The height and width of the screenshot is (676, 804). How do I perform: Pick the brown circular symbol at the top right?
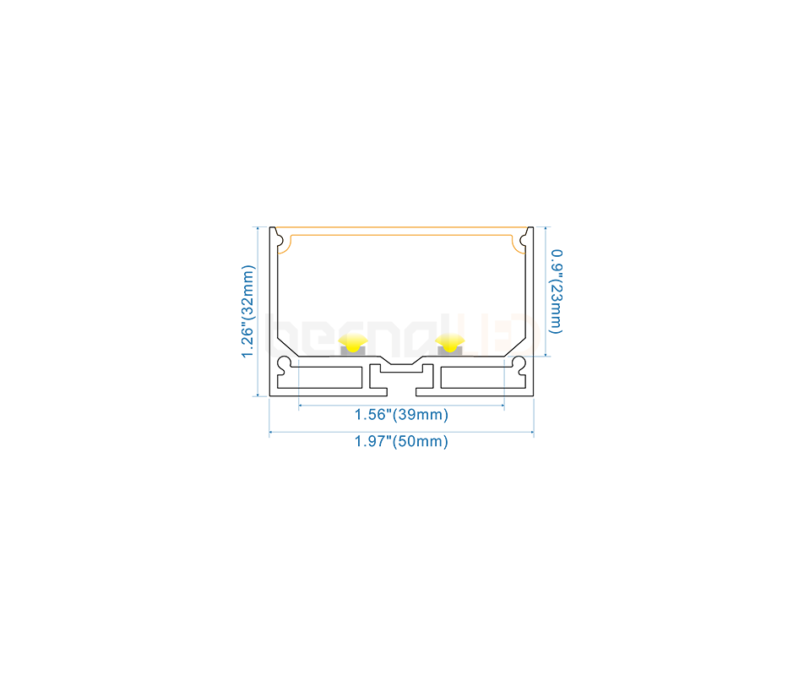(524, 241)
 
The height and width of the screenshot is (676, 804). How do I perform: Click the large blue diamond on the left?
(299, 378)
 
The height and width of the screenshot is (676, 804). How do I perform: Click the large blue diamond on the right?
(504, 378)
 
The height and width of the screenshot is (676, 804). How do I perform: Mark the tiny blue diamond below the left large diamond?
(299, 392)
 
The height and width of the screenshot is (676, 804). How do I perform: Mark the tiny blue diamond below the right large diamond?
(504, 392)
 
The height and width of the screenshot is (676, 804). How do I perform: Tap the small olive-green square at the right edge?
(537, 318)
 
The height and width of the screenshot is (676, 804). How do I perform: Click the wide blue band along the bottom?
(402, 427)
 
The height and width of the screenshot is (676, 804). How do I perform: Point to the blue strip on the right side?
(551, 296)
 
